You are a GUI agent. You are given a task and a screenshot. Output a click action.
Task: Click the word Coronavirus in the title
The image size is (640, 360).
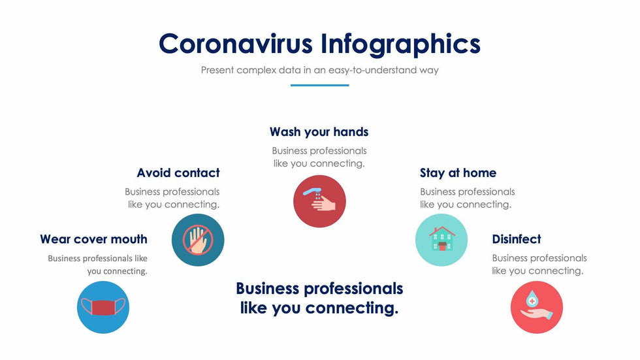(236, 44)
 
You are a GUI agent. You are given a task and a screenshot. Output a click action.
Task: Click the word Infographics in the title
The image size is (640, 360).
(400, 44)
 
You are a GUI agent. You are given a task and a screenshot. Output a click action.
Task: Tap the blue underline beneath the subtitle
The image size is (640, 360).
(319, 85)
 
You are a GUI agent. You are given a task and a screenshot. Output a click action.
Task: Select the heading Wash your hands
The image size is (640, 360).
(319, 132)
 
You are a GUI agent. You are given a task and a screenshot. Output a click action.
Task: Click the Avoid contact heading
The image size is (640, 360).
(178, 173)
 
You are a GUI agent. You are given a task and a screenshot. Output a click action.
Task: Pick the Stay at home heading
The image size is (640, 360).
(458, 173)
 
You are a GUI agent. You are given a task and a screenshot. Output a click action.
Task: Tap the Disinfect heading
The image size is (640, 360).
(517, 239)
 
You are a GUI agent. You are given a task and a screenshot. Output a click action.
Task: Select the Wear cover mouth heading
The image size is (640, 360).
(93, 239)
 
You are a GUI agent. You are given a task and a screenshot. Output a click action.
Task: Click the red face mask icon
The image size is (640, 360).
(103, 307)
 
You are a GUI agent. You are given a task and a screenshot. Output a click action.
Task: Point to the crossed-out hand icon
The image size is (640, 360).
(198, 240)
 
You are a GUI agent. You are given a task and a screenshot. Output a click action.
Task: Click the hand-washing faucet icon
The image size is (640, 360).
(319, 201)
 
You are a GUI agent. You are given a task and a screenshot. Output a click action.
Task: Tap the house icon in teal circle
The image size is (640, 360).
(441, 240)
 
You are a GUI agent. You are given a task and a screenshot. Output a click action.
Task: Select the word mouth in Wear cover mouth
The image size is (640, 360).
(128, 239)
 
